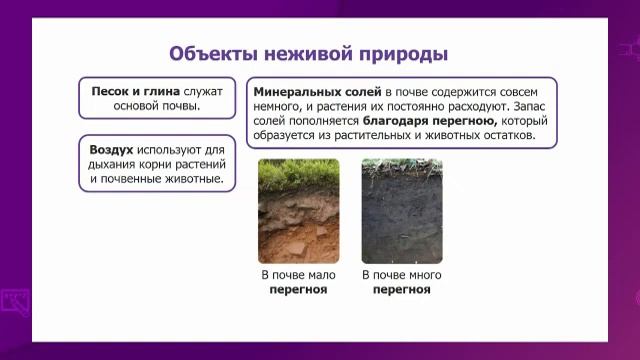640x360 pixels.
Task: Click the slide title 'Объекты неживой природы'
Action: [307, 53]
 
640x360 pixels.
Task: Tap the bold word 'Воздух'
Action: [112, 146]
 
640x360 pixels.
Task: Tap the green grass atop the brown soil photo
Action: [299, 171]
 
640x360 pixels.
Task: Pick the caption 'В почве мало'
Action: [298, 275]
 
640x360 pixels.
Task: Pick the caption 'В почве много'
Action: [401, 275]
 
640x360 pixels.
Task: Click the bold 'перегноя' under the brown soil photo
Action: [298, 290]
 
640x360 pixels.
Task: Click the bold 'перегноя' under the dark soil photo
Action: [401, 290]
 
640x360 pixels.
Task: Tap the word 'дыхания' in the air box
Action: [114, 163]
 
